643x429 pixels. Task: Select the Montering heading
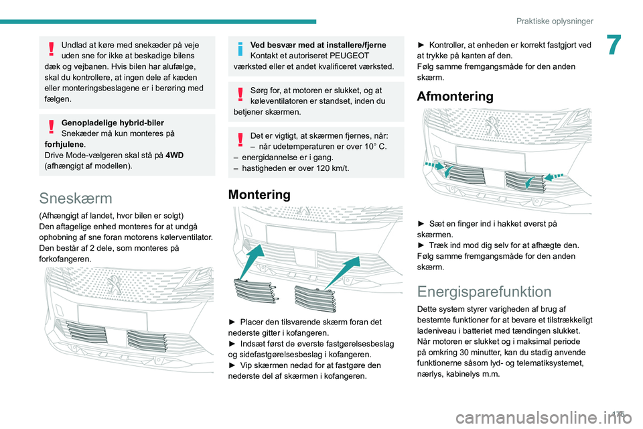[259, 194]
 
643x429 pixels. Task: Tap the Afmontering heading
[455, 96]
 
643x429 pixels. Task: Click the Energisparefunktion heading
[484, 292]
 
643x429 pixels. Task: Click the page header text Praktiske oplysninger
[555, 21]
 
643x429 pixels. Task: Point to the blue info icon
[240, 50]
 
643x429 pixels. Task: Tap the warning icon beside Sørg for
[240, 95]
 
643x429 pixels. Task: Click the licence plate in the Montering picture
[293, 236]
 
